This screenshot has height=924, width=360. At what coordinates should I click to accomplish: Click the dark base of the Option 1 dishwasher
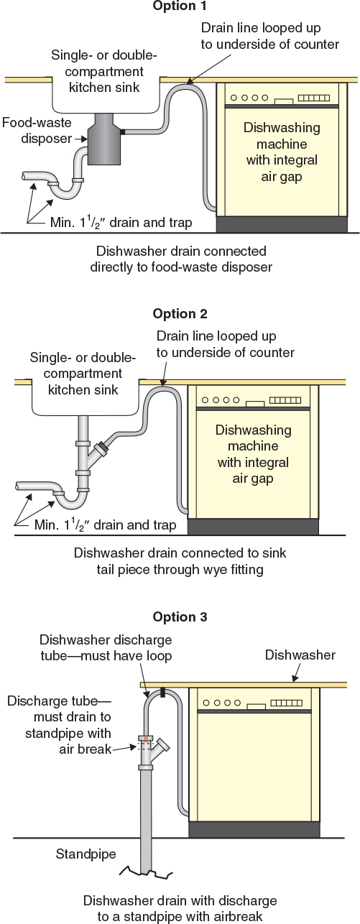[x=282, y=224]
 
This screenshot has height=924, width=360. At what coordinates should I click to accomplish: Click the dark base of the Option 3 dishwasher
[x=254, y=829]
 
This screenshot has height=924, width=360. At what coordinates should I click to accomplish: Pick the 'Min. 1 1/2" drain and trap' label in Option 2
[x=105, y=525]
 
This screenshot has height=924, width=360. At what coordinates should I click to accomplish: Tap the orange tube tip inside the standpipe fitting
[x=147, y=739]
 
